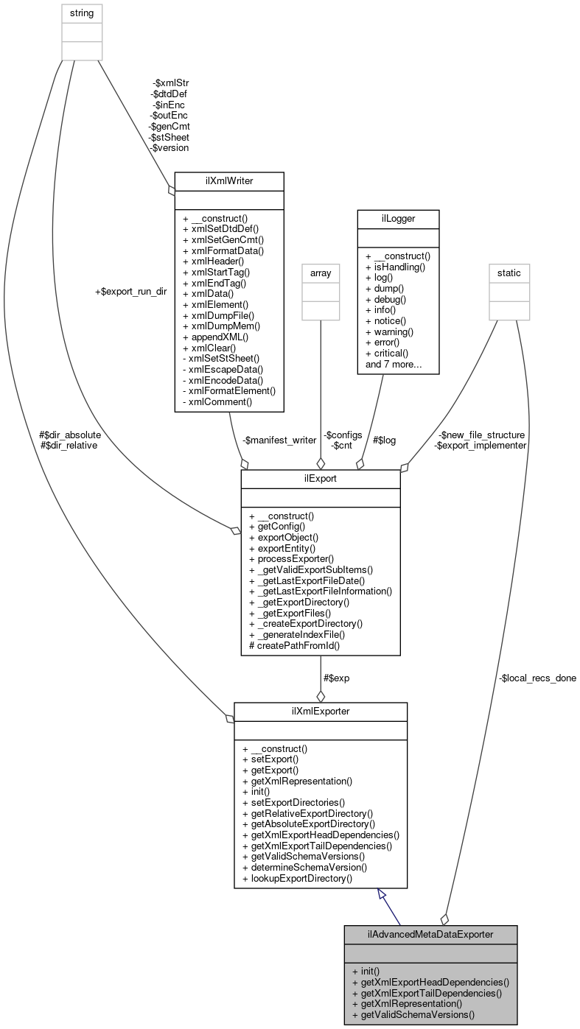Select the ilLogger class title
coord(398,218)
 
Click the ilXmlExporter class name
coord(321,712)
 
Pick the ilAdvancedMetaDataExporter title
coord(430,934)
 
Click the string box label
coord(82,13)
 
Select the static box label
coord(509,273)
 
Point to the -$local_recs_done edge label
coord(537,678)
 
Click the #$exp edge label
coord(336,678)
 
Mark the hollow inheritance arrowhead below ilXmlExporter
coord(382,894)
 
